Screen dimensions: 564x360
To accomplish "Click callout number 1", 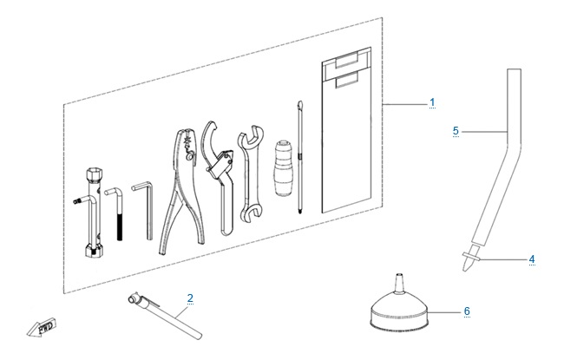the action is tap(432, 102).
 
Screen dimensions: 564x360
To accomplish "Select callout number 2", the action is tap(190, 298).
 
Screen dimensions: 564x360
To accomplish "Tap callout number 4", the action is tap(532, 259).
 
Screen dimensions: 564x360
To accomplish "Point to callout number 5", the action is tap(456, 131).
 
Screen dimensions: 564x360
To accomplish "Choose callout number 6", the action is tap(467, 311).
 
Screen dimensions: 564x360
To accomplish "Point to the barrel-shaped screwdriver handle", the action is tap(284, 168).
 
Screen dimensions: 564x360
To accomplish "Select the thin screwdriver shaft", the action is tap(299, 157).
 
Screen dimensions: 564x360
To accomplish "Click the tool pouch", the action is tap(346, 129).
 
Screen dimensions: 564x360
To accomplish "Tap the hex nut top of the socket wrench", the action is tap(93, 173).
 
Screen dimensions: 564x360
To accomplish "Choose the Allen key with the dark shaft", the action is tap(117, 213).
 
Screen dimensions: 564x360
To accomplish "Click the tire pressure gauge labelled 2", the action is tap(165, 316).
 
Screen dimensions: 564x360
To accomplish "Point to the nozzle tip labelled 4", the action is tap(469, 259).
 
